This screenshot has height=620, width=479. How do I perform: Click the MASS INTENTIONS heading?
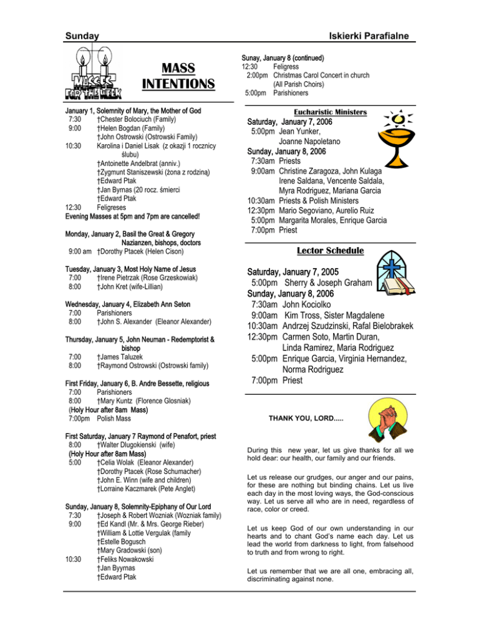click(178, 75)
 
